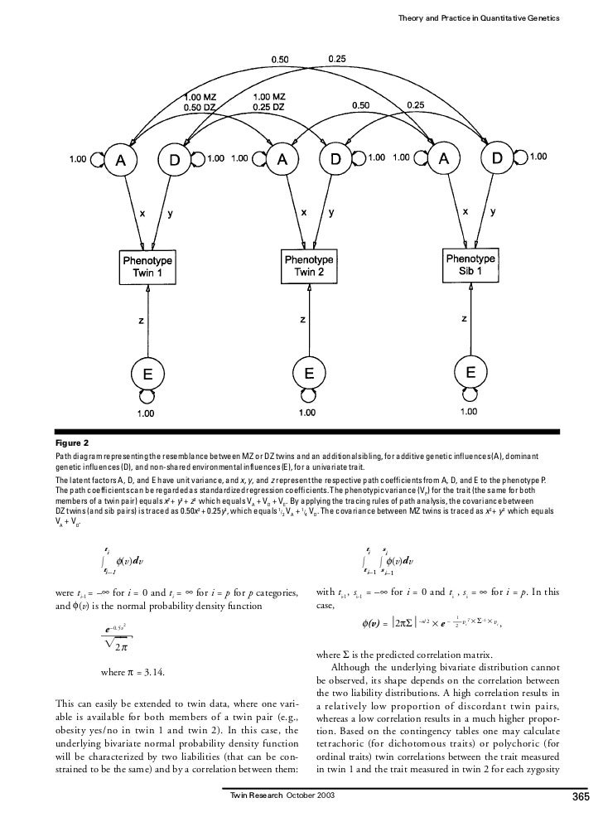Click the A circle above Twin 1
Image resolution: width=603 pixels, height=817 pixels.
tap(121, 161)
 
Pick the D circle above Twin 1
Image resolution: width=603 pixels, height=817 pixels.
tap(176, 161)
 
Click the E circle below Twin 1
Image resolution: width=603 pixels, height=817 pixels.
tap(147, 374)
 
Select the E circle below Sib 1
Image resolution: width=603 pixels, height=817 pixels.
tap(470, 374)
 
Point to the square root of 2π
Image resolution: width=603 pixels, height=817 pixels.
tap(118, 645)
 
